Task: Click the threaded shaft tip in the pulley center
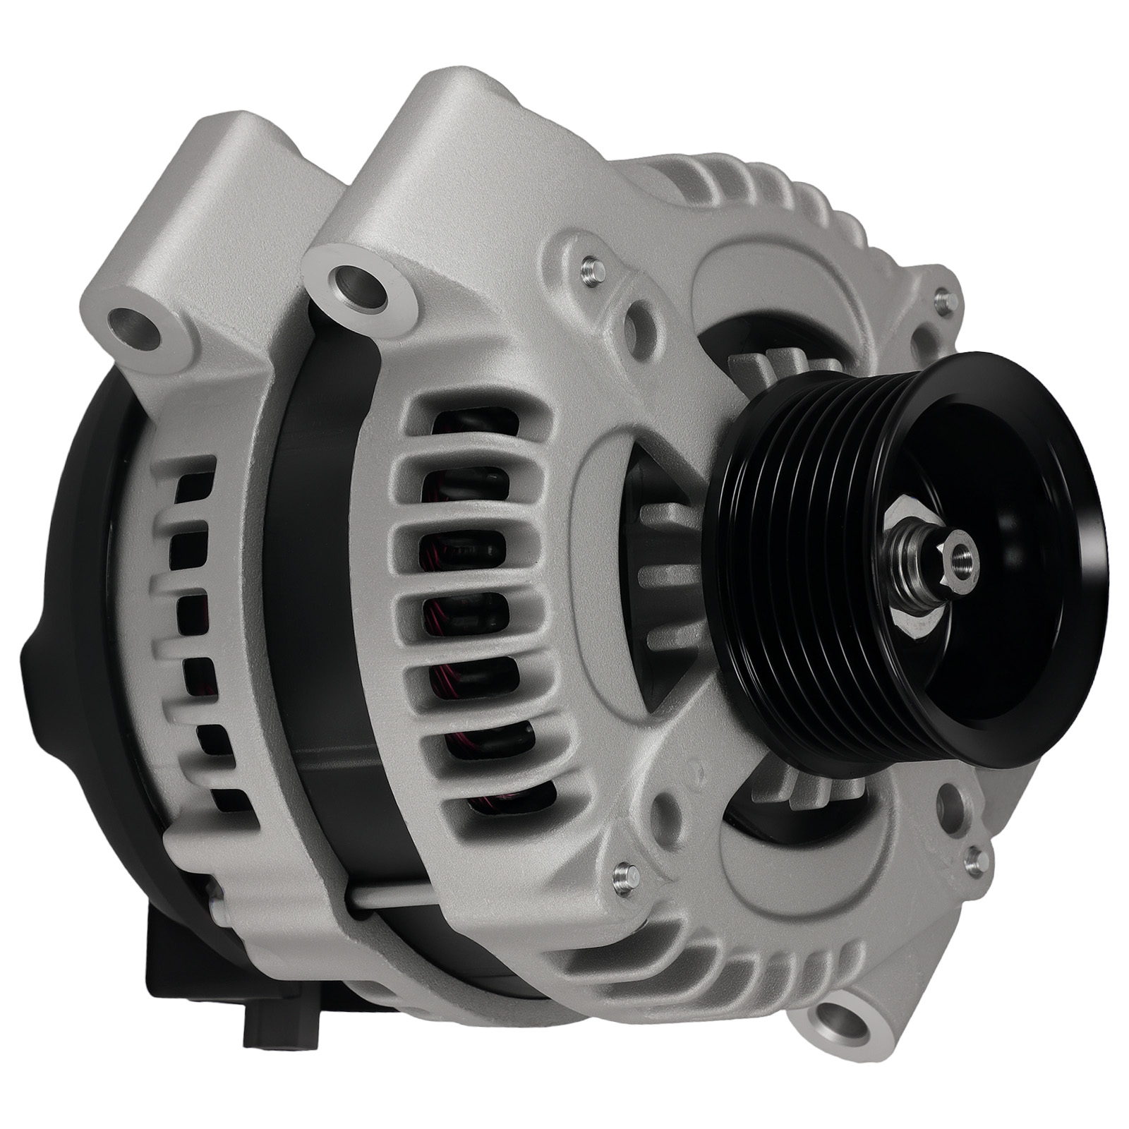coord(960,560)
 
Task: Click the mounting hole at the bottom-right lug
coord(840,1024)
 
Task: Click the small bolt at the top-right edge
coord(946,302)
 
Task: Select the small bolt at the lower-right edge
coord(975,859)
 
